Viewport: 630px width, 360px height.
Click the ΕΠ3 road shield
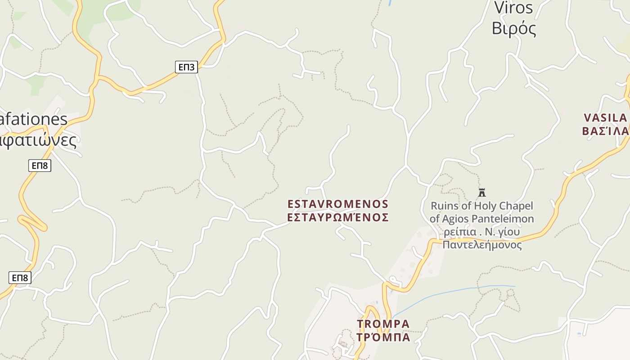coord(186,67)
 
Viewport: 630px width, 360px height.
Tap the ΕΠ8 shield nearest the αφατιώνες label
coord(40,166)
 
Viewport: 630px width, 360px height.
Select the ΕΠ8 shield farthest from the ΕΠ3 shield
coord(20,278)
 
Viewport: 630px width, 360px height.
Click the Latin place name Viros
coord(513,8)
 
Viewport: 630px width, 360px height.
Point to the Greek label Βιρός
coord(514,28)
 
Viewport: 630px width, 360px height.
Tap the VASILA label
coord(606,118)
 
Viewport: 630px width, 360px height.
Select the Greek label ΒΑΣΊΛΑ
coord(606,131)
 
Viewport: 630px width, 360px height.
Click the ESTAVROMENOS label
coord(338,204)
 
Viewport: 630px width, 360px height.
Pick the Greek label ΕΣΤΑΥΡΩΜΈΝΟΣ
coord(338,217)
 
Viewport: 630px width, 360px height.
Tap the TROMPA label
coord(383,324)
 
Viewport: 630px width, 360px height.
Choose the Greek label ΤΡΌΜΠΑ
coord(383,337)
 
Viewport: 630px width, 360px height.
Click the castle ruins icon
coord(482,193)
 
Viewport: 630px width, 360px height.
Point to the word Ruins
coord(444,206)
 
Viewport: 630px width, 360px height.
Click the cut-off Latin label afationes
coord(34,119)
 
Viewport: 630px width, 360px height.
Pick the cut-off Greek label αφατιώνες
coord(38,140)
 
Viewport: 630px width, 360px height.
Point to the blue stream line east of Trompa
coord(450,292)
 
